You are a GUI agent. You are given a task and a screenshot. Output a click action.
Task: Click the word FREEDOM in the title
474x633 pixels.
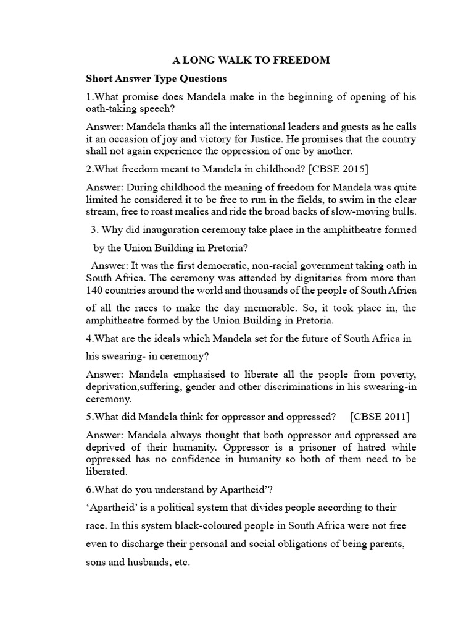(304, 60)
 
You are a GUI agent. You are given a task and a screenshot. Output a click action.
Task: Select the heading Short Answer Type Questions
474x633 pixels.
(156, 79)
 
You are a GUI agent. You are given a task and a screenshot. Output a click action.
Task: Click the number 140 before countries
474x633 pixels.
(94, 291)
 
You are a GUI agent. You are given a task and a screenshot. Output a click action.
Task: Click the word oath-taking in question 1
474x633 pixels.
(111, 108)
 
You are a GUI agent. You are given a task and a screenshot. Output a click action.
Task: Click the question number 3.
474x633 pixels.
(94, 230)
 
